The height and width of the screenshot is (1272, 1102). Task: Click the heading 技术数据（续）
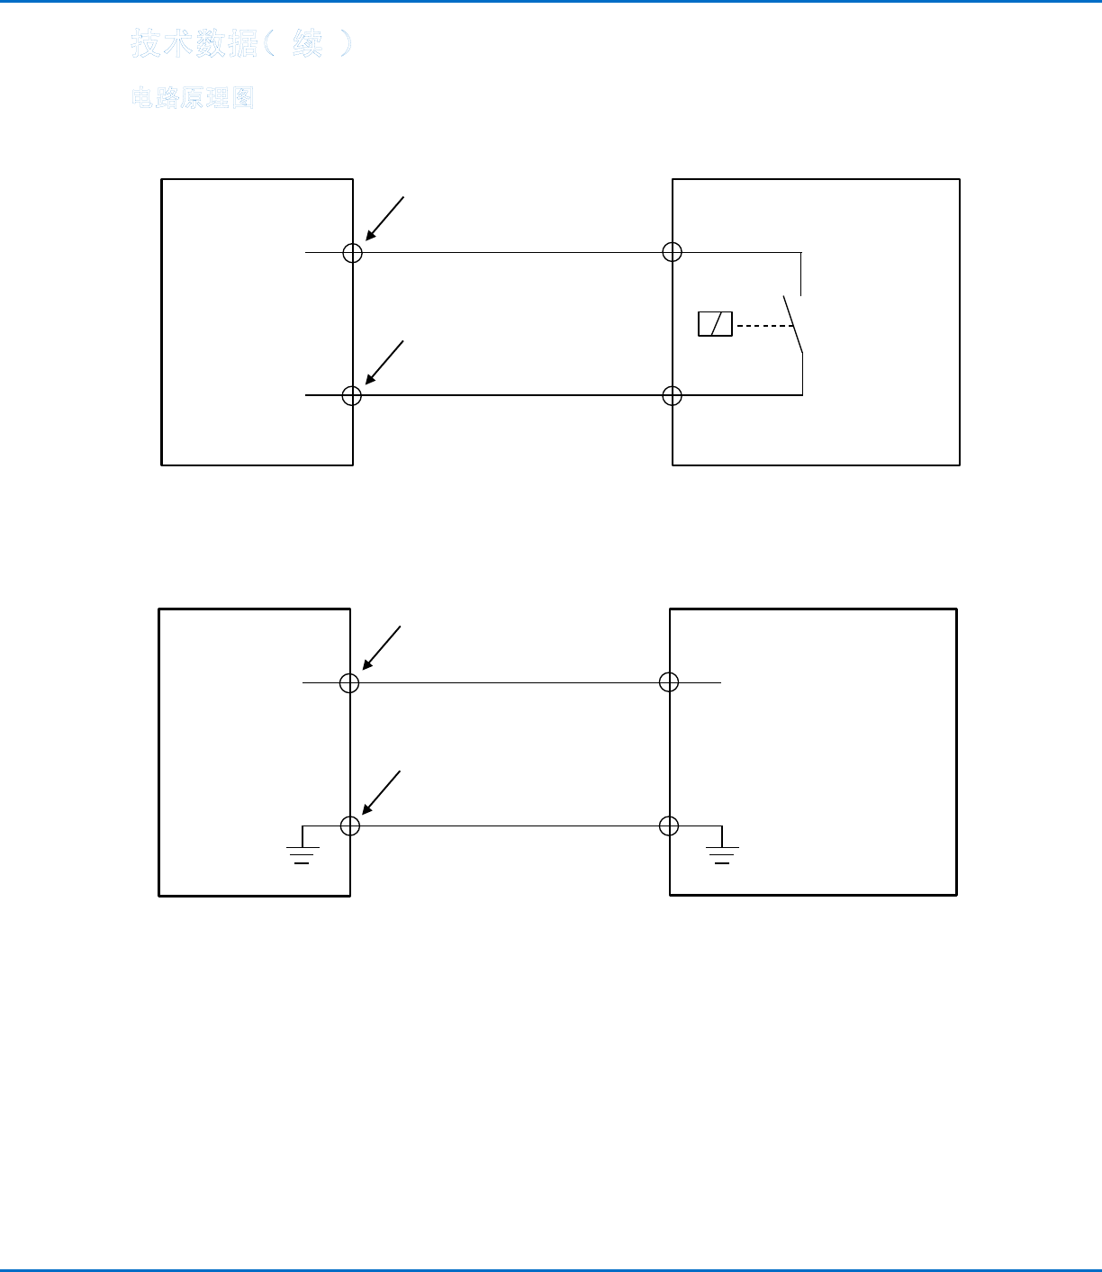[x=241, y=43]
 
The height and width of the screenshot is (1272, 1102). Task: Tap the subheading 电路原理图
[x=193, y=98]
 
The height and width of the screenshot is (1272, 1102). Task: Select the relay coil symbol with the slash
[x=715, y=324]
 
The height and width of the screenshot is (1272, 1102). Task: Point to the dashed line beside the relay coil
[x=763, y=325]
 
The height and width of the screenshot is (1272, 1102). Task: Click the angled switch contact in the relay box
[x=792, y=324]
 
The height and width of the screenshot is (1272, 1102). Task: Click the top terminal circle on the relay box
[x=672, y=252]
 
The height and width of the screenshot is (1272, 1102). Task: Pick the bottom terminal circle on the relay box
[x=672, y=395]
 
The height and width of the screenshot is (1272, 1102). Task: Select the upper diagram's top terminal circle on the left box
[x=352, y=252]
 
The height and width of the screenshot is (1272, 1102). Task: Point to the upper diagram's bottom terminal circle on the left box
[x=352, y=395]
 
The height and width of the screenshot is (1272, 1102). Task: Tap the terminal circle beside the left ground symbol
[x=349, y=825]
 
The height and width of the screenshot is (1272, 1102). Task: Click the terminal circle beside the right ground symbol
[x=669, y=825]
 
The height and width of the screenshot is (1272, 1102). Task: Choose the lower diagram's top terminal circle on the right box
[x=669, y=682]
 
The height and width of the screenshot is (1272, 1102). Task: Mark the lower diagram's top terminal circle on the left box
[x=349, y=682]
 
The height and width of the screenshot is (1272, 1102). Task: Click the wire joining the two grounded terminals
[x=509, y=825]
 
